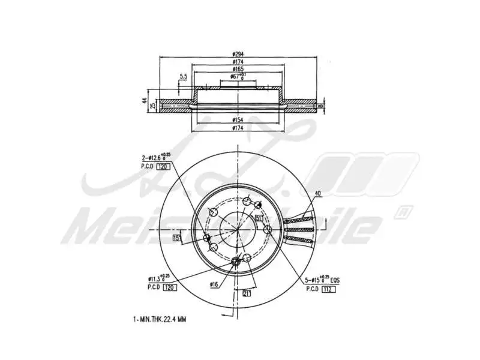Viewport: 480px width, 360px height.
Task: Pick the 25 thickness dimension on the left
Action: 153,106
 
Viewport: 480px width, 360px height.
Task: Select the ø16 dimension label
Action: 214,284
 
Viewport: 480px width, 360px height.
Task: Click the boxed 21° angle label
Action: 247,292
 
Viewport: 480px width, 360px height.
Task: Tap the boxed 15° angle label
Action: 177,238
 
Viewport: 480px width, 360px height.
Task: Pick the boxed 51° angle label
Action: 258,218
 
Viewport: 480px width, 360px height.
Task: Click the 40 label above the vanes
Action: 318,193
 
